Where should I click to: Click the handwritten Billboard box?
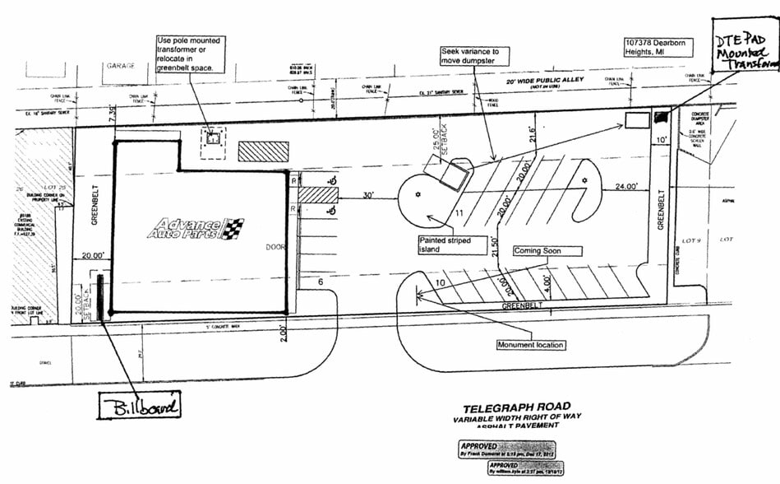(x=138, y=407)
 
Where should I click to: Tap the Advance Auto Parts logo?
(x=196, y=228)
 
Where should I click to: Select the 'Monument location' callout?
(x=530, y=344)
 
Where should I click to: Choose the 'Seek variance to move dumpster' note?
(x=474, y=56)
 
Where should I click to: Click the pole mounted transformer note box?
(x=191, y=53)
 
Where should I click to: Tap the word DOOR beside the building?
(x=273, y=246)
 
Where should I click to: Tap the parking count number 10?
(x=440, y=283)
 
